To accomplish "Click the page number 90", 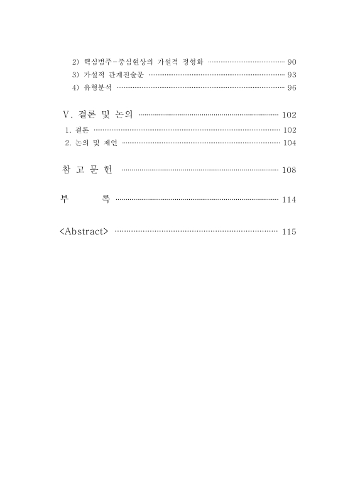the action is pos(291,62).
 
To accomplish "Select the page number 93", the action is pos(291,75).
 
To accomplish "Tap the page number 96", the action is pos(291,87).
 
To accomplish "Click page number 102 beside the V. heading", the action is pos(289,115).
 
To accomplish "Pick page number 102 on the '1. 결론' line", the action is pos(289,130).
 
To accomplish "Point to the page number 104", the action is pos(289,143).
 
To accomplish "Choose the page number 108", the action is pos(289,170).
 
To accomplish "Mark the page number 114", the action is pos(289,200).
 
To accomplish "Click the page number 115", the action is pos(289,231).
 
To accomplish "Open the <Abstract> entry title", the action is pos(84,231).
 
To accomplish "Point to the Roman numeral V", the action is pos(68,115).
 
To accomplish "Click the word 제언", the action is pos(111,143).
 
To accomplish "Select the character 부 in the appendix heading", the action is pos(63,200).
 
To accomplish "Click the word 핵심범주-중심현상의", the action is pos(118,62).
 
